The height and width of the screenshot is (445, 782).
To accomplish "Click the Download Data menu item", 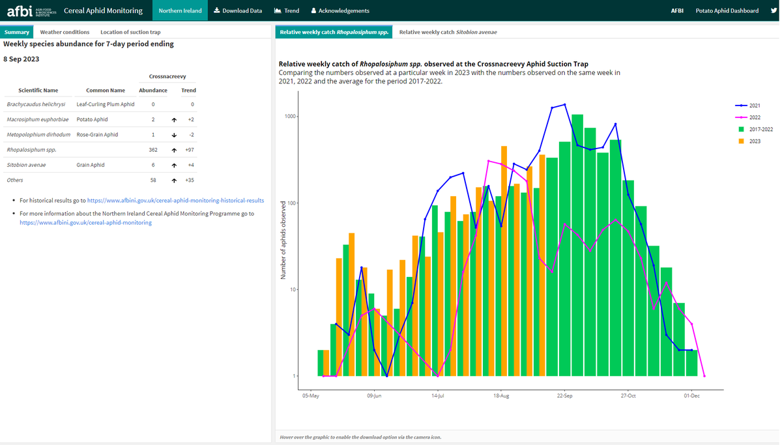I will (238, 10).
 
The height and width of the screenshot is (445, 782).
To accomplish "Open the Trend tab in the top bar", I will (287, 10).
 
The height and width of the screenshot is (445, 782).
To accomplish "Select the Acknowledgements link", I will (340, 10).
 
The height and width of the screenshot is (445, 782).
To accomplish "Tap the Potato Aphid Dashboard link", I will (727, 10).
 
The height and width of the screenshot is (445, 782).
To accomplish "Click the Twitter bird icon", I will (774, 10).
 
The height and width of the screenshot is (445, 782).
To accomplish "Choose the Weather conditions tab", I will (65, 32).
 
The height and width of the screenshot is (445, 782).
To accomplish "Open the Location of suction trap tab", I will (130, 32).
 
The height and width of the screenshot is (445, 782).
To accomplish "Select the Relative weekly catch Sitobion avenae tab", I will (448, 32).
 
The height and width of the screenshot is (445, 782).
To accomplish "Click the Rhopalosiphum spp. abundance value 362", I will (153, 150).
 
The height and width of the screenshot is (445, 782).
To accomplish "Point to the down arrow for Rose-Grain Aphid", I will (174, 135).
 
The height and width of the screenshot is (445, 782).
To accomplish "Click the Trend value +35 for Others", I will (190, 180).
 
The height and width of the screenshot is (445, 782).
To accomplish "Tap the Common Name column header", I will (106, 91).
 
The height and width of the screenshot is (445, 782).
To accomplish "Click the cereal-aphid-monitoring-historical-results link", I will (175, 201).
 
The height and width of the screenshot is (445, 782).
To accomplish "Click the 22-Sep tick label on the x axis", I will (564, 395).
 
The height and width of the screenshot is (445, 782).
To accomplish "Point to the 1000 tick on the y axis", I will (290, 117).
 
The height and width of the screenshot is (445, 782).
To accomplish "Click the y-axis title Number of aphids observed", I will (283, 240).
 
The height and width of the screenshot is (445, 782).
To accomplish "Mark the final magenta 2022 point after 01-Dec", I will (704, 376).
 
